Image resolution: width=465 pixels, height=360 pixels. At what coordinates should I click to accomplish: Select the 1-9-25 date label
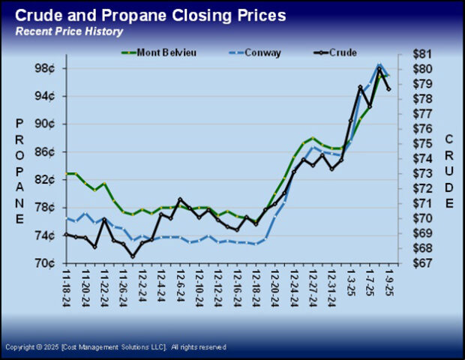tap(388, 285)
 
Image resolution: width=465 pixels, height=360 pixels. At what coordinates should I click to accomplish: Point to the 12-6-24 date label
tap(180, 289)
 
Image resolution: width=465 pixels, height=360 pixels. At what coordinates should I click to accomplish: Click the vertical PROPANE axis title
tap(19, 170)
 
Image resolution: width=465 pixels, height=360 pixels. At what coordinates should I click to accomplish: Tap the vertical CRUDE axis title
tap(449, 172)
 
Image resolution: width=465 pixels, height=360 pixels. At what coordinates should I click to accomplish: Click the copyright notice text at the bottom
tap(115, 347)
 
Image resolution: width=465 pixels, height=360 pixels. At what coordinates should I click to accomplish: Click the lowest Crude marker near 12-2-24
tap(133, 256)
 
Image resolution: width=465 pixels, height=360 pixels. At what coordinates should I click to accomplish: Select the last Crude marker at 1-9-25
tap(388, 89)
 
